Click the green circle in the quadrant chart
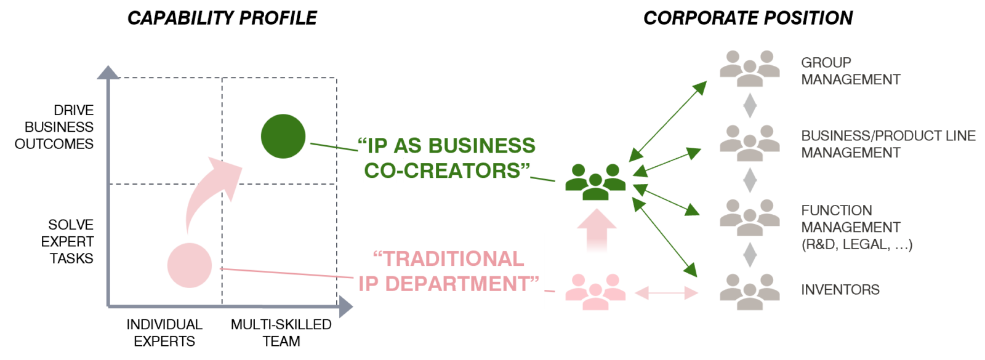[x=283, y=136]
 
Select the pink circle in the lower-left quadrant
[x=190, y=265]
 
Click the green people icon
[x=595, y=182]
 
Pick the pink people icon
[x=595, y=291]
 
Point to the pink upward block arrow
[x=596, y=234]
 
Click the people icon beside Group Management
[x=749, y=68]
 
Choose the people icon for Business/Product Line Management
[x=749, y=143]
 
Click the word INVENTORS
[x=840, y=290]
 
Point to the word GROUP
[x=826, y=62]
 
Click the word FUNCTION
[x=836, y=210]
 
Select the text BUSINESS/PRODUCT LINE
[x=888, y=135]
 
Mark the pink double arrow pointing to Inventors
[x=666, y=294]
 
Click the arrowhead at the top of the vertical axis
[x=108, y=73]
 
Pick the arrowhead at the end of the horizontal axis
[x=345, y=306]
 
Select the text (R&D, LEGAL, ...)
[x=856, y=244]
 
